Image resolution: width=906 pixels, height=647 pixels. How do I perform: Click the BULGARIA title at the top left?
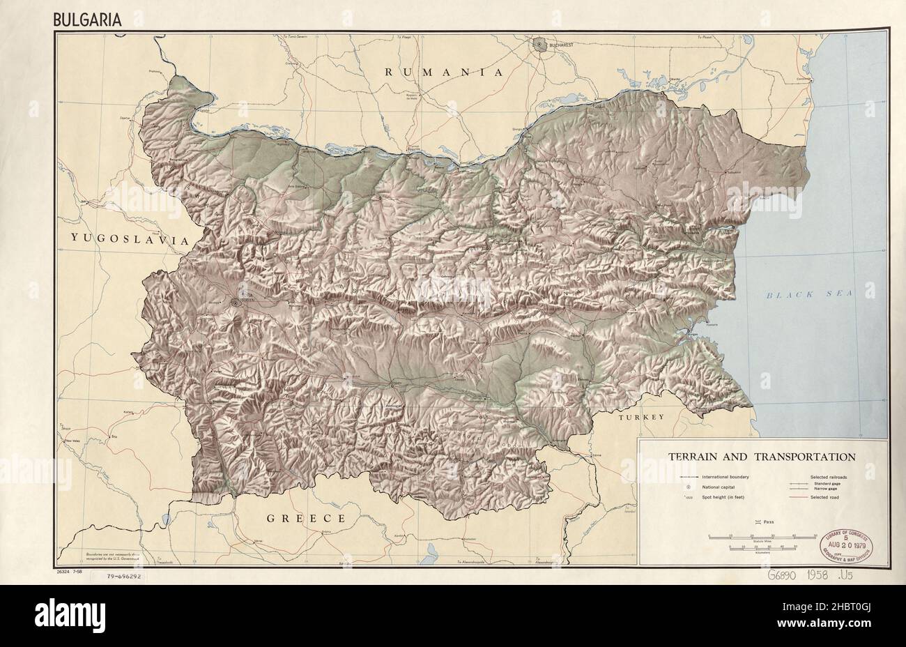[88, 19]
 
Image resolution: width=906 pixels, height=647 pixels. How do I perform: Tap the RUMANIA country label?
[443, 72]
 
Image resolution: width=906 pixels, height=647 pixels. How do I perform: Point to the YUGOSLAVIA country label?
[130, 238]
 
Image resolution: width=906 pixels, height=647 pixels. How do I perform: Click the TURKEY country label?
[641, 416]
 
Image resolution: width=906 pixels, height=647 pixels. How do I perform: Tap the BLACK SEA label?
[809, 294]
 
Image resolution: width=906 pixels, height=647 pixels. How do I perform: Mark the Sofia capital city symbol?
[236, 303]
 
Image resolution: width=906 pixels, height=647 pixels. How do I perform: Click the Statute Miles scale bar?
[762, 535]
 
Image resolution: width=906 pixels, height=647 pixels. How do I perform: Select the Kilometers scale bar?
[762, 549]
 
